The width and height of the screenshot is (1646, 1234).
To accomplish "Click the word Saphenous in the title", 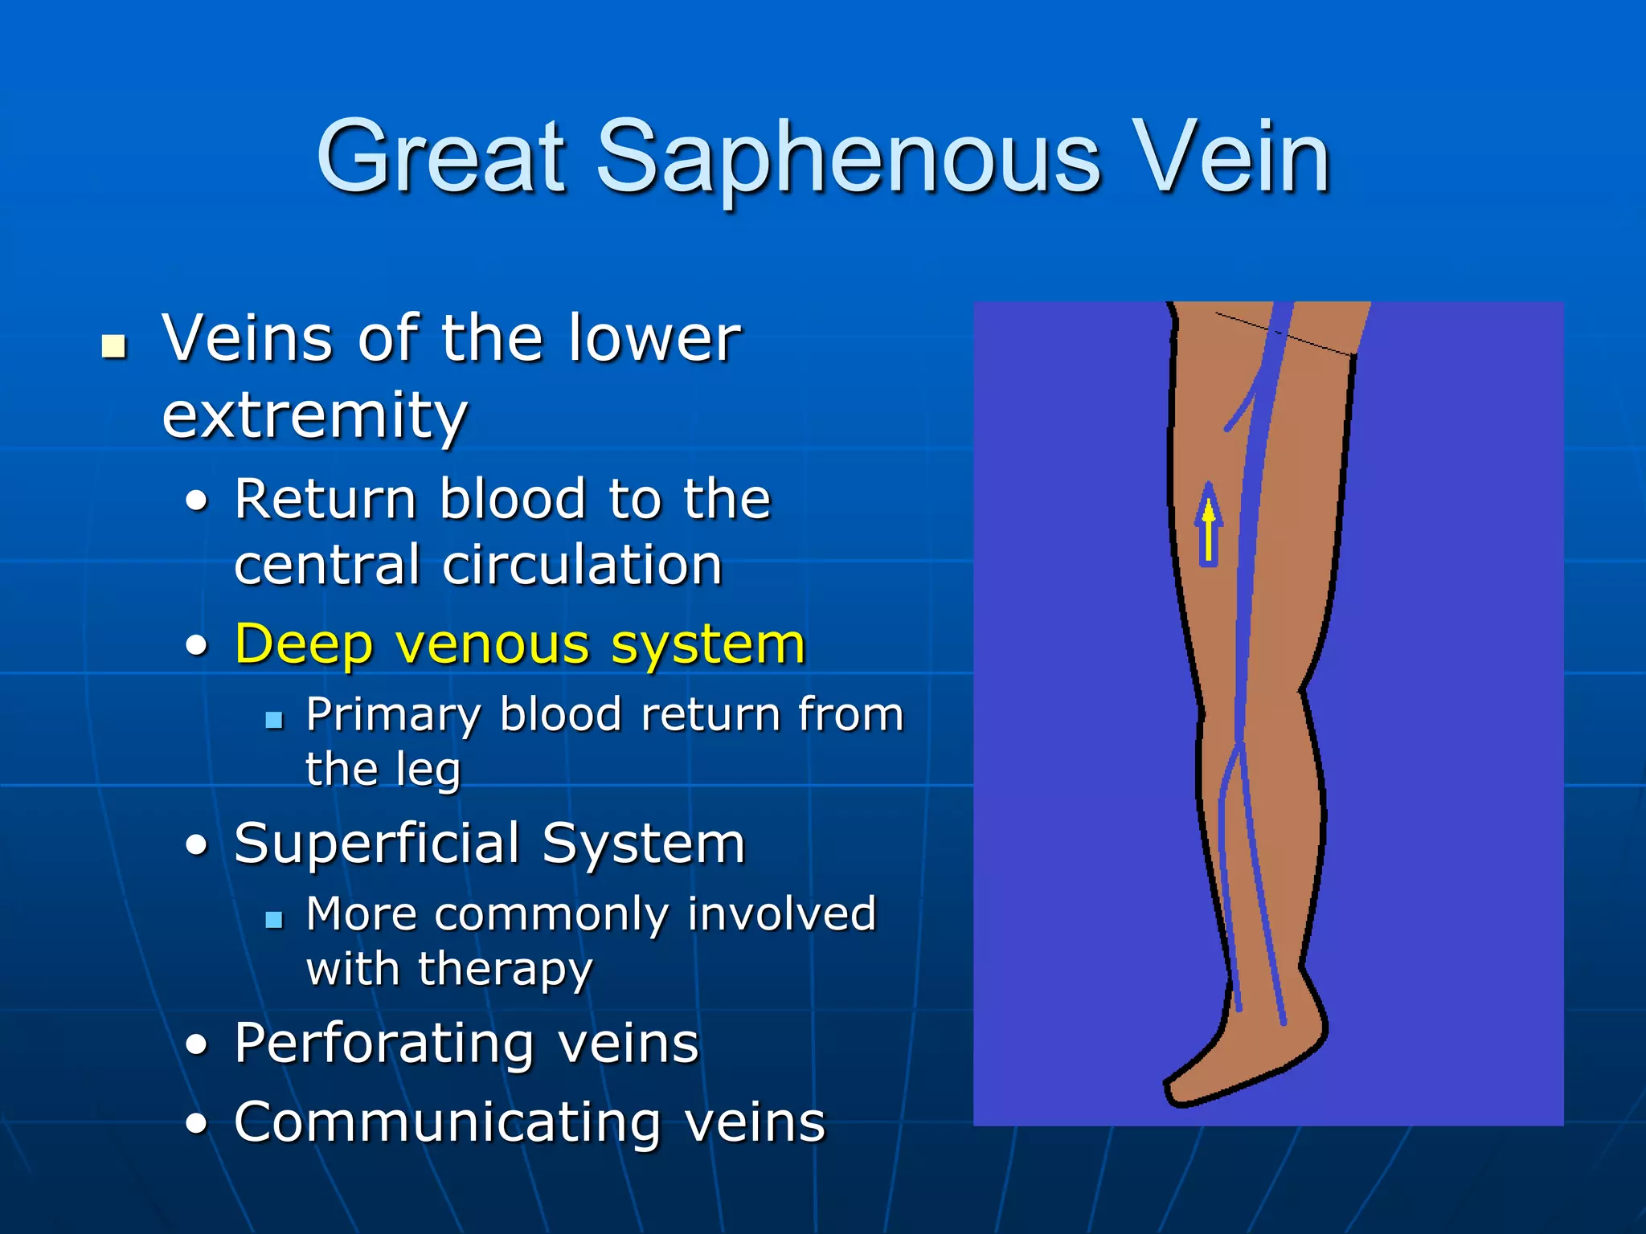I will click(848, 158).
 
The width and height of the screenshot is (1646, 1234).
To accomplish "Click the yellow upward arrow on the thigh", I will click(1208, 526).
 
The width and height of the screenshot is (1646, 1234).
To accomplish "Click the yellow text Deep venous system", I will click(519, 644).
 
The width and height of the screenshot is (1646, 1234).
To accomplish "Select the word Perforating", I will click(384, 1044).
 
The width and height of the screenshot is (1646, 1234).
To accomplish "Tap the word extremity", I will click(314, 415).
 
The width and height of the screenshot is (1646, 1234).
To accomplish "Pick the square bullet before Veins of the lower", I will click(114, 346).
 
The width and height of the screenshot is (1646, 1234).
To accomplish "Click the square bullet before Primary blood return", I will click(274, 719).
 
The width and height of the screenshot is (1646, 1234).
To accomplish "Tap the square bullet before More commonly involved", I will click(274, 919).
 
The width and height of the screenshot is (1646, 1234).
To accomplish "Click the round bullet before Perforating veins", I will click(196, 1045).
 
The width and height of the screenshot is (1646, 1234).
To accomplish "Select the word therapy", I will click(506, 969).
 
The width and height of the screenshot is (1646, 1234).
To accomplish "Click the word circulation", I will click(582, 565).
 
